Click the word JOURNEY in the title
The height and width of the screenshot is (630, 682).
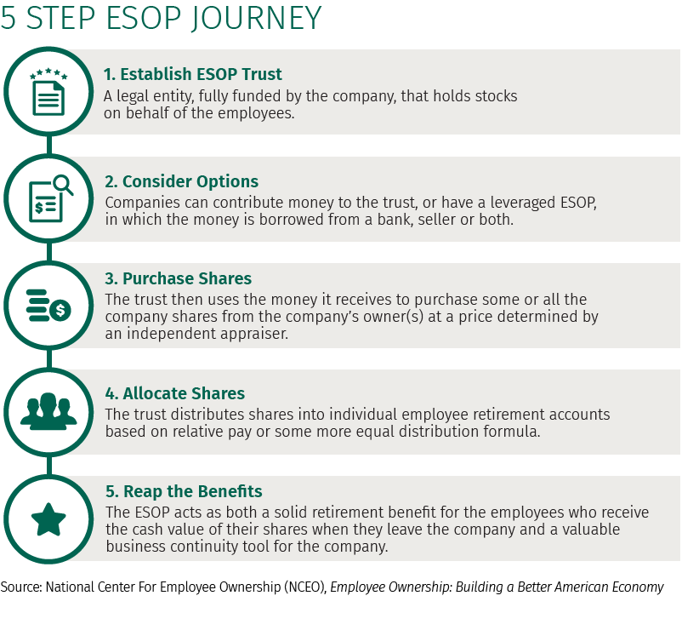point(256,19)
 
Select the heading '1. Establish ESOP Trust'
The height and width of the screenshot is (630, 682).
point(193,74)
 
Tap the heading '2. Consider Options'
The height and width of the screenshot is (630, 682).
point(181,181)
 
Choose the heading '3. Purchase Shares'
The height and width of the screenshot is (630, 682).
point(179,278)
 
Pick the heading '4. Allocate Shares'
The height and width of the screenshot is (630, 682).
point(175,393)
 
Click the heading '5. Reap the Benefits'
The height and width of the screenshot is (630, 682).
point(184,491)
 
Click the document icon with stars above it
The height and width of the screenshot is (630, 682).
point(48,92)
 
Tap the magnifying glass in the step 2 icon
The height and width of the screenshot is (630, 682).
point(63,185)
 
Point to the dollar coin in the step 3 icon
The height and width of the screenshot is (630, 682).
point(60,311)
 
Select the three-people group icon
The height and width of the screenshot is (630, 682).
point(48,411)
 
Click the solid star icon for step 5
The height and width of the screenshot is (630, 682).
point(48,519)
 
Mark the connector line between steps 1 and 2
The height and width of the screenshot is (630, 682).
point(49,145)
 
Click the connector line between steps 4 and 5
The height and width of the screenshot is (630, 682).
point(49,466)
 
